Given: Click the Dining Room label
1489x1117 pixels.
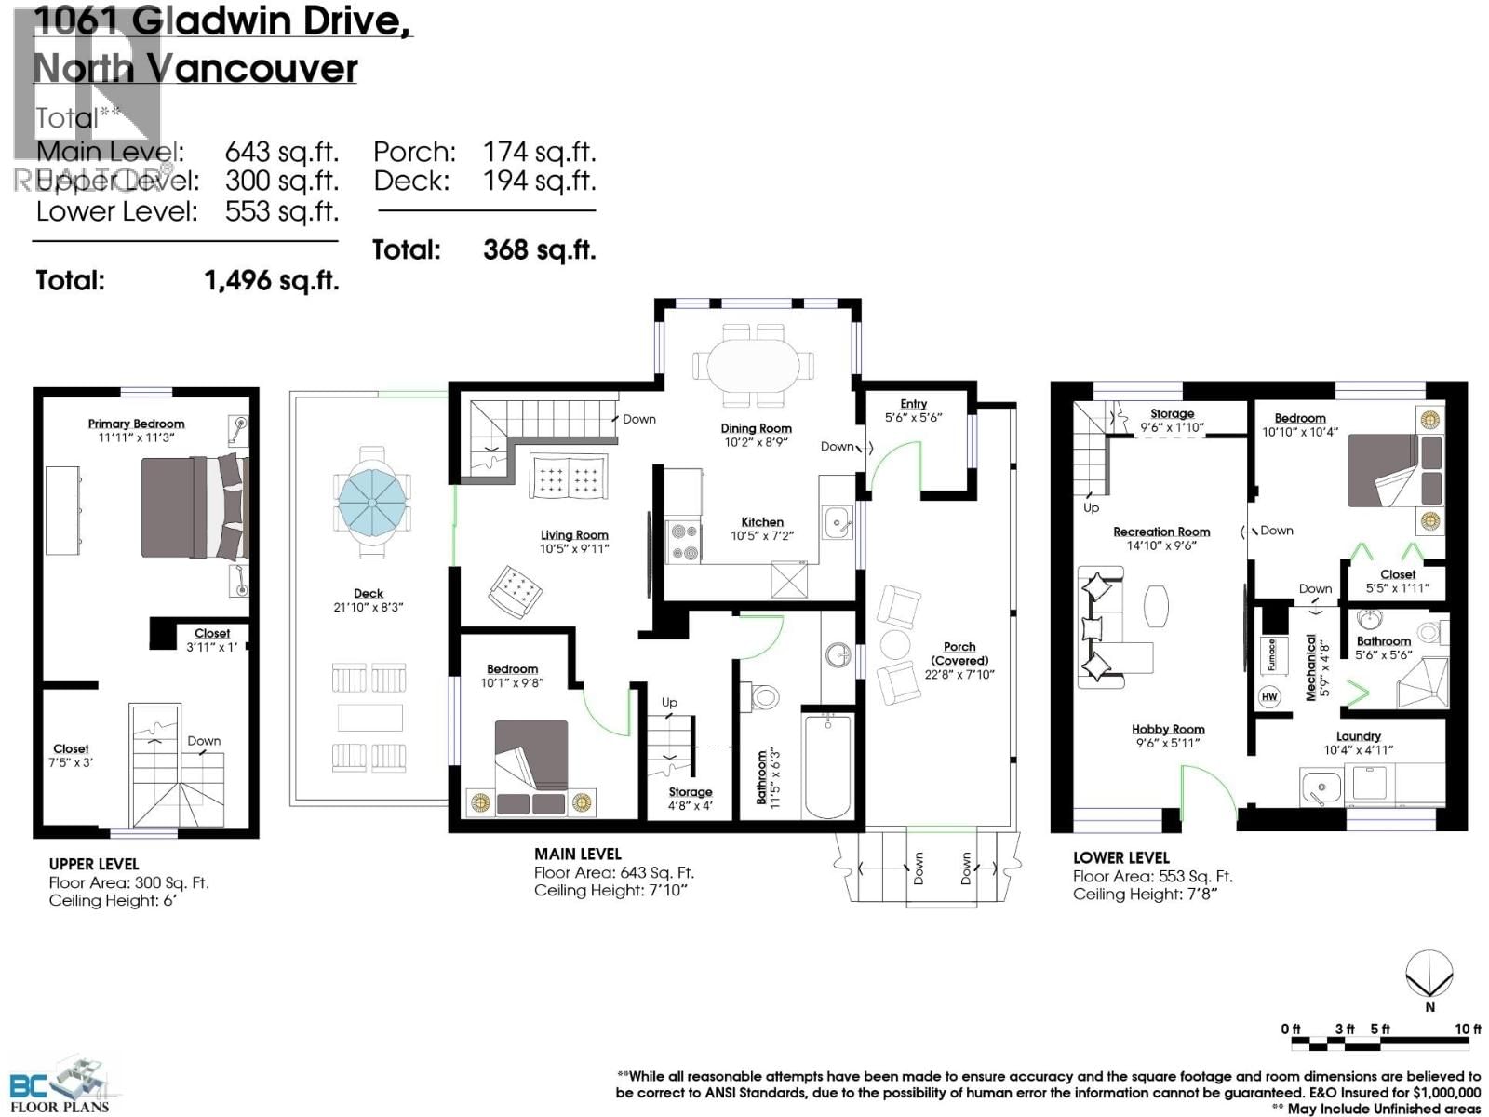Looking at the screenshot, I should [x=756, y=429].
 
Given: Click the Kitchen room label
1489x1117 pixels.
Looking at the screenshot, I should [x=762, y=522].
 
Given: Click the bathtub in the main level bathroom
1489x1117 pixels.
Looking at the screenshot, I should [x=826, y=765].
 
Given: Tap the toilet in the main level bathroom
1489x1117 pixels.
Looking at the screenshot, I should [x=763, y=695].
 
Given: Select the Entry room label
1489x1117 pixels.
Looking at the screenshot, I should [x=913, y=404].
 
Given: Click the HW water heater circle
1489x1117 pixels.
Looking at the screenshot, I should [x=1269, y=696].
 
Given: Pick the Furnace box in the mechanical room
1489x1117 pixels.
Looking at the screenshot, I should [x=1270, y=654].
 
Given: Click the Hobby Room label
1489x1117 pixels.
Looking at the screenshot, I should [x=1168, y=730].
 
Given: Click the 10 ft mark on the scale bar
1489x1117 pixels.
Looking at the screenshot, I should [x=1468, y=1029].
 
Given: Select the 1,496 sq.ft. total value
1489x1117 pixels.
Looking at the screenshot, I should [x=271, y=280].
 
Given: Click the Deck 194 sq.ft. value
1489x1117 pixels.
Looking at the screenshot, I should [x=539, y=181].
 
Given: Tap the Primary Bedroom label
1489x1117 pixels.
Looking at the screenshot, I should [x=136, y=424].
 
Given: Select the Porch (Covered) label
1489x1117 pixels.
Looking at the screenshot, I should [x=959, y=653].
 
